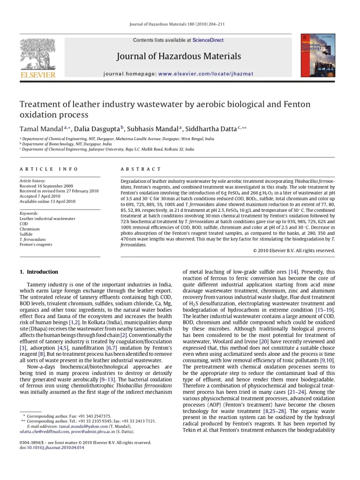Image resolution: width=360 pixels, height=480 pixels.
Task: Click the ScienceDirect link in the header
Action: (208, 40)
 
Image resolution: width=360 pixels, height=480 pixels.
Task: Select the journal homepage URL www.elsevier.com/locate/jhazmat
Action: (205, 74)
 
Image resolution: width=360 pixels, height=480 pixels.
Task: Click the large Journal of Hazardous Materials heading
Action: (179, 57)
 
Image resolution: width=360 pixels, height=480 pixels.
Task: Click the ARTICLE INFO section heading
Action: (49, 169)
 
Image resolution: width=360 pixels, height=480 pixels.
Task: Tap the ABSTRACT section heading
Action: (141, 169)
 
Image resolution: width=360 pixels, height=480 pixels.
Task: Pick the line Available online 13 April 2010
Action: (47, 202)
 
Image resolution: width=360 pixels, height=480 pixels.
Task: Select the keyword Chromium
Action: (30, 229)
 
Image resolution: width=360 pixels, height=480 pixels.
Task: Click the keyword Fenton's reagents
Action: (36, 244)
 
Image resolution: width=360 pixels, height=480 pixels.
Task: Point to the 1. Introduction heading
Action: (39, 272)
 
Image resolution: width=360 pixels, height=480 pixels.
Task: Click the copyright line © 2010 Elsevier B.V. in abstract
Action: (293, 251)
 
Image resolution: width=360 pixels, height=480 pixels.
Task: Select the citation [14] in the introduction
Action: (293, 272)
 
